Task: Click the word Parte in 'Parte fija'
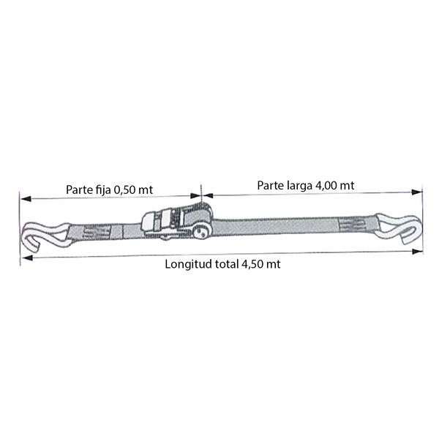[78, 190]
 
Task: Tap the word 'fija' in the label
[101, 190]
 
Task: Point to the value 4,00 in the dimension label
[326, 186]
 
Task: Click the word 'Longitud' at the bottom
[189, 265]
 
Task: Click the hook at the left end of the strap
[45, 234]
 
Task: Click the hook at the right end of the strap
[397, 228]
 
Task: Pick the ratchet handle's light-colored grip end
[149, 222]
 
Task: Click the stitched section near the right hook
[352, 225]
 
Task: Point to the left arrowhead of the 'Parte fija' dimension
[26, 199]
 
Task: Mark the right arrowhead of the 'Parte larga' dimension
[416, 192]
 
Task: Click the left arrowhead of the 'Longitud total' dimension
[27, 258]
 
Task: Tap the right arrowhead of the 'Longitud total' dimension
[418, 251]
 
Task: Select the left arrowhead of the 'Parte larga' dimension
[207, 195]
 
